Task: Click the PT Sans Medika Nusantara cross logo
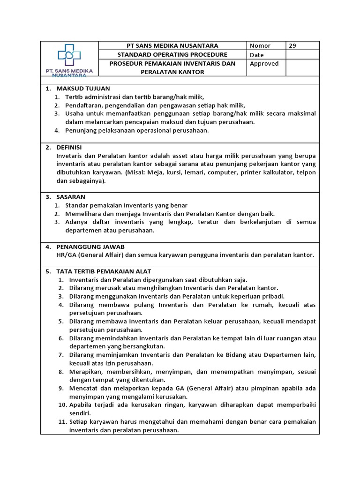pos(69,56)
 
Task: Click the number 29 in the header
pos(292,45)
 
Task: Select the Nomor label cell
pos(260,45)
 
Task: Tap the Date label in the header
pos(257,55)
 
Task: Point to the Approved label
pos(264,64)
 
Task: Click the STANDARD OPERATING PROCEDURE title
pos(172,55)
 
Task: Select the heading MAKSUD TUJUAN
pos(83,88)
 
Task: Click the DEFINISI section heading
pos(69,147)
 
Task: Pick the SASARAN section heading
pos(70,197)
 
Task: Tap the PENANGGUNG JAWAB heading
pos(90,247)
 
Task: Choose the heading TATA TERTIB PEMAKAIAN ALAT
pos(104,271)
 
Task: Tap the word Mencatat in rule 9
pos(83,388)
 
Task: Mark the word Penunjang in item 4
pos(82,131)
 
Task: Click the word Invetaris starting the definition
pos(69,156)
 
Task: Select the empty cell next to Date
pos(302,55)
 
